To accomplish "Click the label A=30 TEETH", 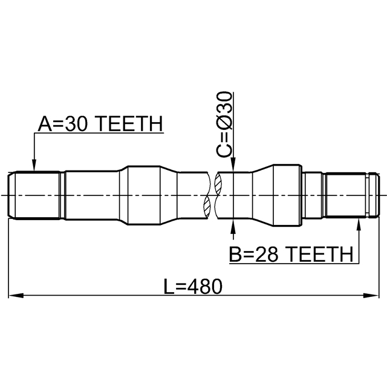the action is click(x=100, y=123).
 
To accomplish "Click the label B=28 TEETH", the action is click(x=291, y=254).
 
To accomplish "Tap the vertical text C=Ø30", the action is click(x=224, y=124).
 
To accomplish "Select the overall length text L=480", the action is click(x=193, y=287).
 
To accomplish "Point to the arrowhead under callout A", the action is click(x=34, y=165).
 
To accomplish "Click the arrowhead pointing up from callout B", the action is click(x=359, y=224).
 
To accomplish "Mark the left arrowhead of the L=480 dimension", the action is click(x=16, y=296).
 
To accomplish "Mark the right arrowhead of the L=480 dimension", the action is click(x=371, y=296).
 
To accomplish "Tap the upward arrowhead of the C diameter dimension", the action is click(x=233, y=226).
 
